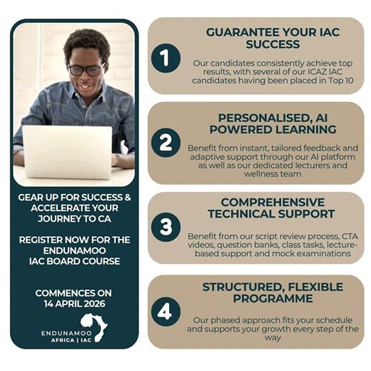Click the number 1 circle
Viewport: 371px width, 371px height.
166,58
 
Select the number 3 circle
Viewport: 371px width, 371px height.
166,227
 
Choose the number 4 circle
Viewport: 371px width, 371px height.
166,312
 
